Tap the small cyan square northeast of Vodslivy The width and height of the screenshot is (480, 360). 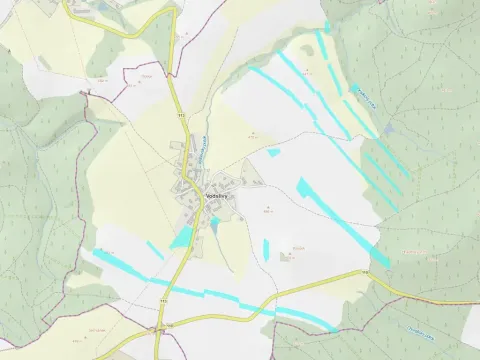(274, 153)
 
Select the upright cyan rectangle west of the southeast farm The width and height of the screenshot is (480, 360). (266, 247)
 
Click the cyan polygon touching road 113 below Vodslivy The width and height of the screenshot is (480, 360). (182, 238)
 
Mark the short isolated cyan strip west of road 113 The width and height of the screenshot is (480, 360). (154, 249)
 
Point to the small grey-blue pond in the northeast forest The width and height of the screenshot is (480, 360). (388, 130)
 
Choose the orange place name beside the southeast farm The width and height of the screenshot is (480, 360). (298, 247)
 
